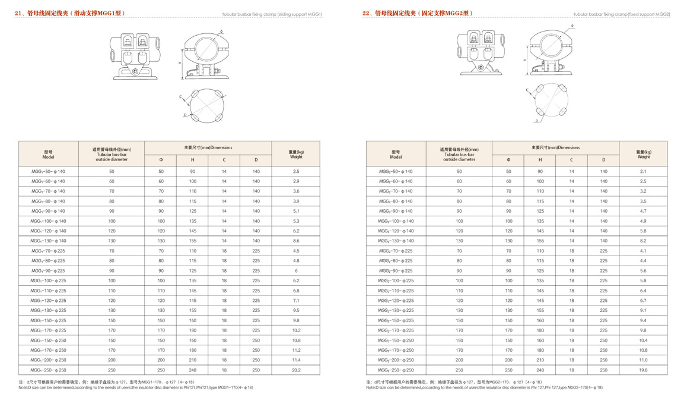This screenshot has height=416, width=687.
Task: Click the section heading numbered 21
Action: tap(70, 13)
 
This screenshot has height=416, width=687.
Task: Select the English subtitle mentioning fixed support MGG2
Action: tap(621, 14)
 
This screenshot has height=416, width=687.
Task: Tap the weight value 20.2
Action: tap(296, 370)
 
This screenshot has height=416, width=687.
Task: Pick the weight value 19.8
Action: tap(643, 370)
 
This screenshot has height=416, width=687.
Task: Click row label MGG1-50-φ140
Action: tap(48, 171)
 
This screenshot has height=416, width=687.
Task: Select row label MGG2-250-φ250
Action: tap(396, 370)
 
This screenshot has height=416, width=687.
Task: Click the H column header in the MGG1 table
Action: tap(192, 160)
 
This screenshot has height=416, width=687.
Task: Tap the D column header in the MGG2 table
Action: tap(603, 160)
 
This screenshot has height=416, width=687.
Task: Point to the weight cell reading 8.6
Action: tap(296, 241)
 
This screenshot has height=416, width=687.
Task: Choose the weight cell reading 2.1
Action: tap(643, 171)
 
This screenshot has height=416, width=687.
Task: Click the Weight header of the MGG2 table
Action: tap(643, 155)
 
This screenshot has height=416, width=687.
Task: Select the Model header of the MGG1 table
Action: tap(48, 155)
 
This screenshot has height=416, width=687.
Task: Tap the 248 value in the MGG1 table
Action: tap(192, 370)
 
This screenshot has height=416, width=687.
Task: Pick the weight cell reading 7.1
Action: tap(296, 301)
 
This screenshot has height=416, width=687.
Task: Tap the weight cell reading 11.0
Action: tap(643, 360)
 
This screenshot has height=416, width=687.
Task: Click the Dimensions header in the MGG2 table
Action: tap(555, 147)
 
